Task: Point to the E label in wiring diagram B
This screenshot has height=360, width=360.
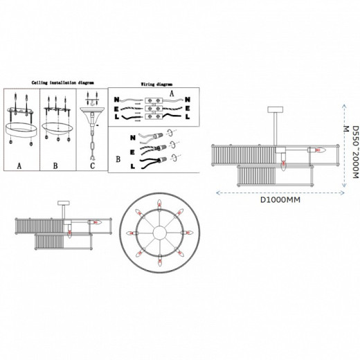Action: pos(132,150)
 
